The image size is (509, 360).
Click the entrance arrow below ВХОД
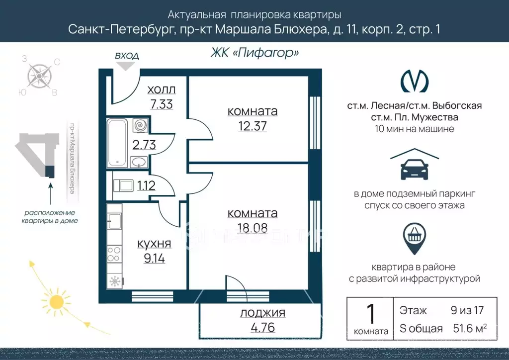tap(126, 66)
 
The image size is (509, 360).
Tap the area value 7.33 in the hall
tap(162, 104)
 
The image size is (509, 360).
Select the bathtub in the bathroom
tap(117, 143)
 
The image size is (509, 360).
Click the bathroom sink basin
tap(139, 162)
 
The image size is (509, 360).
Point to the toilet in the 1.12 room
tap(123, 185)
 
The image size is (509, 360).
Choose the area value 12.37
tap(252, 126)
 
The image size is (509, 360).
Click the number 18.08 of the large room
tap(252, 228)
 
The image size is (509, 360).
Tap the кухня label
tap(154, 244)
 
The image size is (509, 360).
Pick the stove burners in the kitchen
tap(114, 254)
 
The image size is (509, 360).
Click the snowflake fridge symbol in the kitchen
tap(115, 281)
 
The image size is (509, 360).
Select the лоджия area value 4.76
tap(263, 327)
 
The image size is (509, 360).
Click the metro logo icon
tap(415, 81)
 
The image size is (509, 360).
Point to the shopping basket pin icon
tap(414, 238)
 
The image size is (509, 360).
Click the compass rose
tap(39, 76)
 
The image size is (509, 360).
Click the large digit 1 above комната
tap(371, 314)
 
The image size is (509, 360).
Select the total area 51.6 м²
tap(470, 328)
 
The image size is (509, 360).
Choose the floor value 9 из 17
tap(467, 310)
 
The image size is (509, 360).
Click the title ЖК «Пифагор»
tap(255, 52)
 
